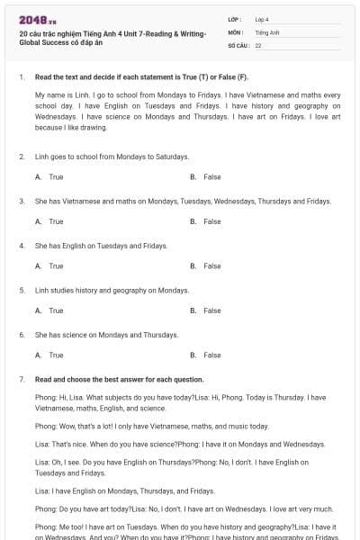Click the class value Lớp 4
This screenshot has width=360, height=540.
click(262, 19)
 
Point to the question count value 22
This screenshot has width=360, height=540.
click(258, 45)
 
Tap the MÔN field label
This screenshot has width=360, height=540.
click(235, 31)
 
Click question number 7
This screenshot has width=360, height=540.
click(22, 380)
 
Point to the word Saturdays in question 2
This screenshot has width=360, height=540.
click(172, 157)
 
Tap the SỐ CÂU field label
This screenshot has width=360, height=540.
click(238, 45)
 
